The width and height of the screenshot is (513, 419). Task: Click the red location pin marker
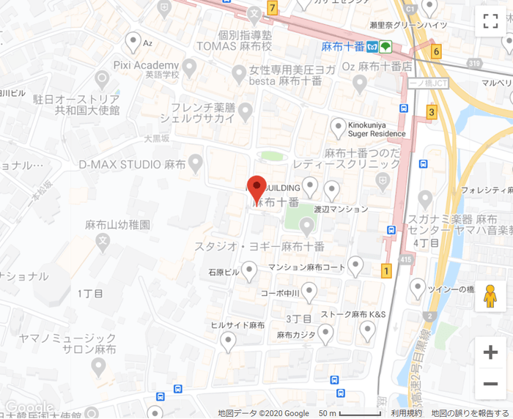point(256,189)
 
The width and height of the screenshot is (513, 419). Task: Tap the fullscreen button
point(490,21)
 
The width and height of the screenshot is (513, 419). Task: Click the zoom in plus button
point(490,352)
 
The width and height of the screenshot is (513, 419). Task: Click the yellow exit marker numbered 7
point(273,9)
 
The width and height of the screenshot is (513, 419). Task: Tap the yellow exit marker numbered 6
point(437,51)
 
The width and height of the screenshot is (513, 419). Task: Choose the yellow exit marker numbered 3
point(432,112)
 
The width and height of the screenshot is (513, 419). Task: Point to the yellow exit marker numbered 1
point(386,271)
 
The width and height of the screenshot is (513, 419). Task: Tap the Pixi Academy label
point(147,64)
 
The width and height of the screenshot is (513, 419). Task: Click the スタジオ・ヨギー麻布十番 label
point(259,246)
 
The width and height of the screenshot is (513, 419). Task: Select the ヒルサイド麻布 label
point(237,325)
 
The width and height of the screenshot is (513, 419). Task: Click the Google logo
point(28,407)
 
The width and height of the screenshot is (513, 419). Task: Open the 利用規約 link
point(406,413)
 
